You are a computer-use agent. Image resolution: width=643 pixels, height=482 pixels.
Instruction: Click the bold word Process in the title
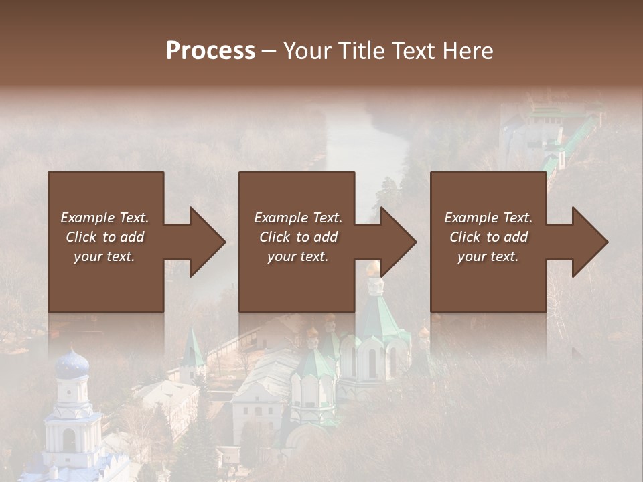point(210,51)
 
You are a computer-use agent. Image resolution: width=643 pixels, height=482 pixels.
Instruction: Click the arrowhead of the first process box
point(208,242)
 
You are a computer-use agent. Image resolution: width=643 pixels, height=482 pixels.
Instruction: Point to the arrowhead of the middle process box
point(399,242)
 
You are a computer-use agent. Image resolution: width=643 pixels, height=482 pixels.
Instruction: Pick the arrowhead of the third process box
point(590,242)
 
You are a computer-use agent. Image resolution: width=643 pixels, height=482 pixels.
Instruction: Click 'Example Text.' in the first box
point(104,218)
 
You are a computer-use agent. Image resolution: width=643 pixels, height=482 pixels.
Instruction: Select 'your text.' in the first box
point(104,256)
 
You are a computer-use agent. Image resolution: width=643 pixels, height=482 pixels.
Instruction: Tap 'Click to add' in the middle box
point(298,237)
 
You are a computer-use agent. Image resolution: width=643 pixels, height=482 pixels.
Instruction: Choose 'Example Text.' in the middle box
point(298,218)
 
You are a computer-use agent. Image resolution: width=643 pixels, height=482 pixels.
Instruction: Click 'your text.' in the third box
point(488,256)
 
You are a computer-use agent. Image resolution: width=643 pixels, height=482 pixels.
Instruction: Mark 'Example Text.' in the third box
point(488,218)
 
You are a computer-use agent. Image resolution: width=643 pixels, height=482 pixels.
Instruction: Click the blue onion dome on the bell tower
point(72,365)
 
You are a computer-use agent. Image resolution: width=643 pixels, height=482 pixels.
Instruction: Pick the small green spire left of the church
point(192,348)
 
